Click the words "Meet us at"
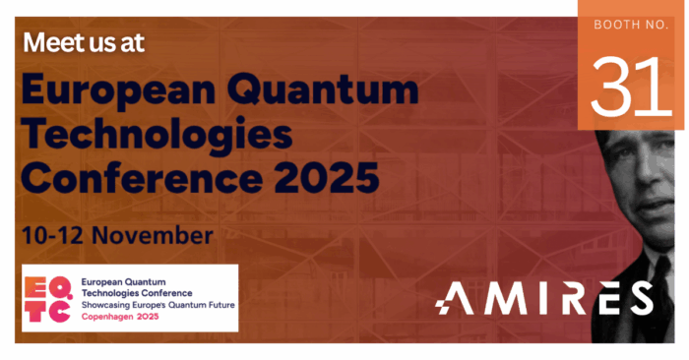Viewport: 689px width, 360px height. coord(87,44)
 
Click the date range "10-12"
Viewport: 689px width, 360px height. coord(52,237)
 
